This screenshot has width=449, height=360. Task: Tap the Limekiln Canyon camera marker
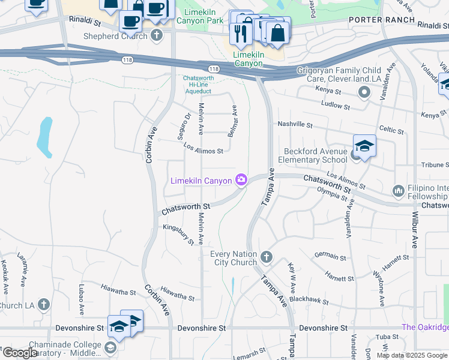point(241,179)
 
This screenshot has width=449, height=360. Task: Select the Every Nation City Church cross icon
point(267,258)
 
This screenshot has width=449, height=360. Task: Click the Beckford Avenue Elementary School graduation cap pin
point(364,146)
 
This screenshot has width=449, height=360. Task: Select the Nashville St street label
point(295,124)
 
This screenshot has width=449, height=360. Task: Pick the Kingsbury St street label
point(179,234)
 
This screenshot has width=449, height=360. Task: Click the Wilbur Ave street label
point(414,229)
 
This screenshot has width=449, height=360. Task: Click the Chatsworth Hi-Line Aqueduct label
point(197,84)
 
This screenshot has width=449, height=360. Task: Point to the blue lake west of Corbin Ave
point(44,135)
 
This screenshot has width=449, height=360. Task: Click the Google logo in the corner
point(20,352)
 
